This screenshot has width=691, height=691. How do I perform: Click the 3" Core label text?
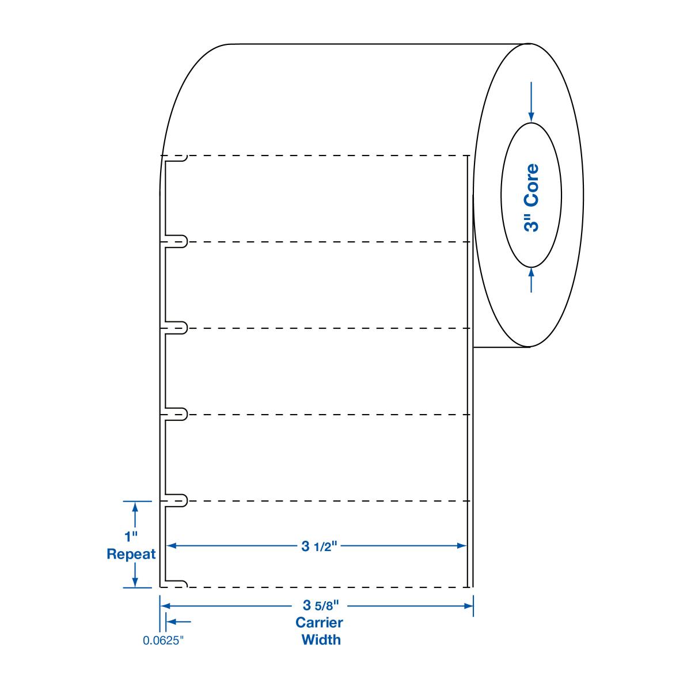pos(531,198)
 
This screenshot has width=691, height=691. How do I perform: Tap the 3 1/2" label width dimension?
pos(319,546)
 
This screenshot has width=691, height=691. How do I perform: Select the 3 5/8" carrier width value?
pos(320,605)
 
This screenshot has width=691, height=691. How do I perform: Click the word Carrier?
pos(319,622)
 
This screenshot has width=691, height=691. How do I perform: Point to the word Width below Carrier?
pos(321,640)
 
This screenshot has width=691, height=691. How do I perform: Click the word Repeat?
pos(131,555)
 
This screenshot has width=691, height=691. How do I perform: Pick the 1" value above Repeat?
pos(131,537)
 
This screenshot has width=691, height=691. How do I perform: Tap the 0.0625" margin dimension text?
pos(163,640)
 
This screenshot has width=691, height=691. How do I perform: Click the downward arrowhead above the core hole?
pos(531,117)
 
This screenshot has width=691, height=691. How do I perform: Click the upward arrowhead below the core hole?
pos(531,273)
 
